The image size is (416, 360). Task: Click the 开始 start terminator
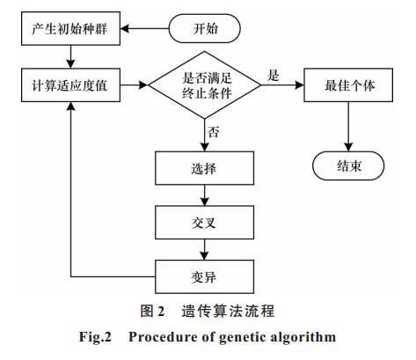205,28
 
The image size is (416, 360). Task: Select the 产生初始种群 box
70,28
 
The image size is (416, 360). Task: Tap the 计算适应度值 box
70,85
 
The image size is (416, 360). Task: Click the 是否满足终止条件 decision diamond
205,85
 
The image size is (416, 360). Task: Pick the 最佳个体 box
348,85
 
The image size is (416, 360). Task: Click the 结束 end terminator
348,165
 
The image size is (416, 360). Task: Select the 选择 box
204,168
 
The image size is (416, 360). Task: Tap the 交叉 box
204,223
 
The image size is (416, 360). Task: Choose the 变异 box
204,276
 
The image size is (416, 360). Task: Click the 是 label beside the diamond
274,76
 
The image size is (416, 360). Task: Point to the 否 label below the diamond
214,132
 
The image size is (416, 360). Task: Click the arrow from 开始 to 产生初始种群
145,29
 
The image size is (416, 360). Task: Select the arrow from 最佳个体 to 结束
348,127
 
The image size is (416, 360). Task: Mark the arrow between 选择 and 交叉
205,195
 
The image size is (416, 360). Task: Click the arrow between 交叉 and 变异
205,250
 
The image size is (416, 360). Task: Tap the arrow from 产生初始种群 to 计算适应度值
70,57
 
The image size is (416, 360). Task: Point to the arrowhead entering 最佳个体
299,85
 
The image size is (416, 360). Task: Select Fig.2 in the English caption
95,336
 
